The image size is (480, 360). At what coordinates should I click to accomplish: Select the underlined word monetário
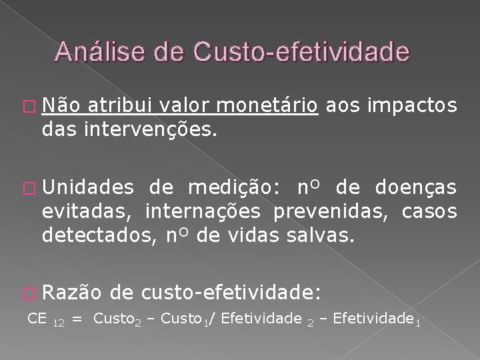tap(267, 105)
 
